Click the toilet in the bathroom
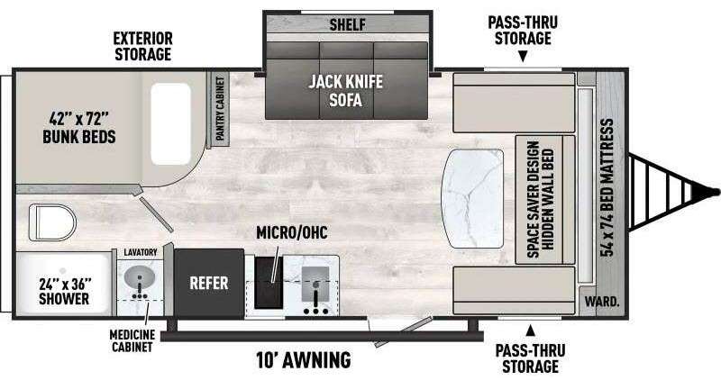52,222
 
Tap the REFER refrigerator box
209,283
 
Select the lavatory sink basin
140,277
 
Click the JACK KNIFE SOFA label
345,91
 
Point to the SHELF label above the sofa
348,24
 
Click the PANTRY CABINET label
220,108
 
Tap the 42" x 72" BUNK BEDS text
79,128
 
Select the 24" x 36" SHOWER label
64,291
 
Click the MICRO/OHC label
292,232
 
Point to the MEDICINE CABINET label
132,340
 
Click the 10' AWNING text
304,359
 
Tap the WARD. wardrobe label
602,302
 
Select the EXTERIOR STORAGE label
143,46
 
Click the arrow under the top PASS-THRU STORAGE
523,57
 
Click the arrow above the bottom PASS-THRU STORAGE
531,330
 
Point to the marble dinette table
472,198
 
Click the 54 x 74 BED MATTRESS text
607,187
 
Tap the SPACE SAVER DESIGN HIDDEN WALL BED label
541,199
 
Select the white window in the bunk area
170,123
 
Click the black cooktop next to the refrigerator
269,283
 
